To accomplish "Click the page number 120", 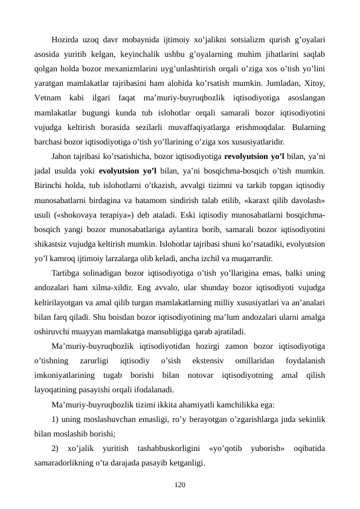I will [x=179, y=485].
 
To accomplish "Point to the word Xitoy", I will [x=314, y=81].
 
